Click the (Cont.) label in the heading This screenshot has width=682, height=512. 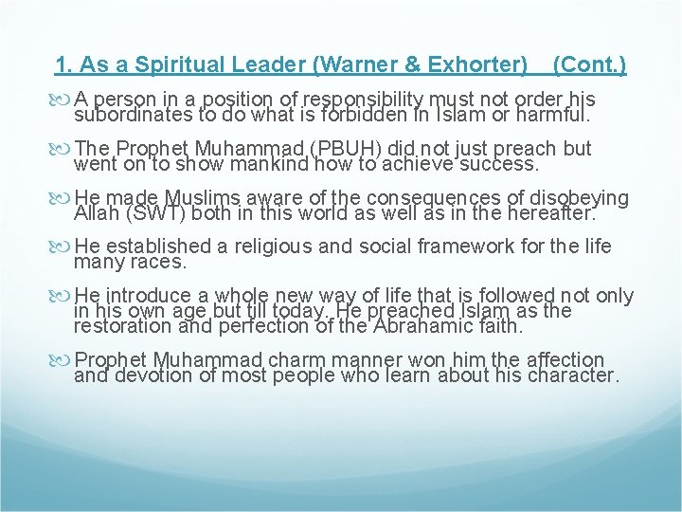(588, 65)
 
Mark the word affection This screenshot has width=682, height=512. (551, 360)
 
